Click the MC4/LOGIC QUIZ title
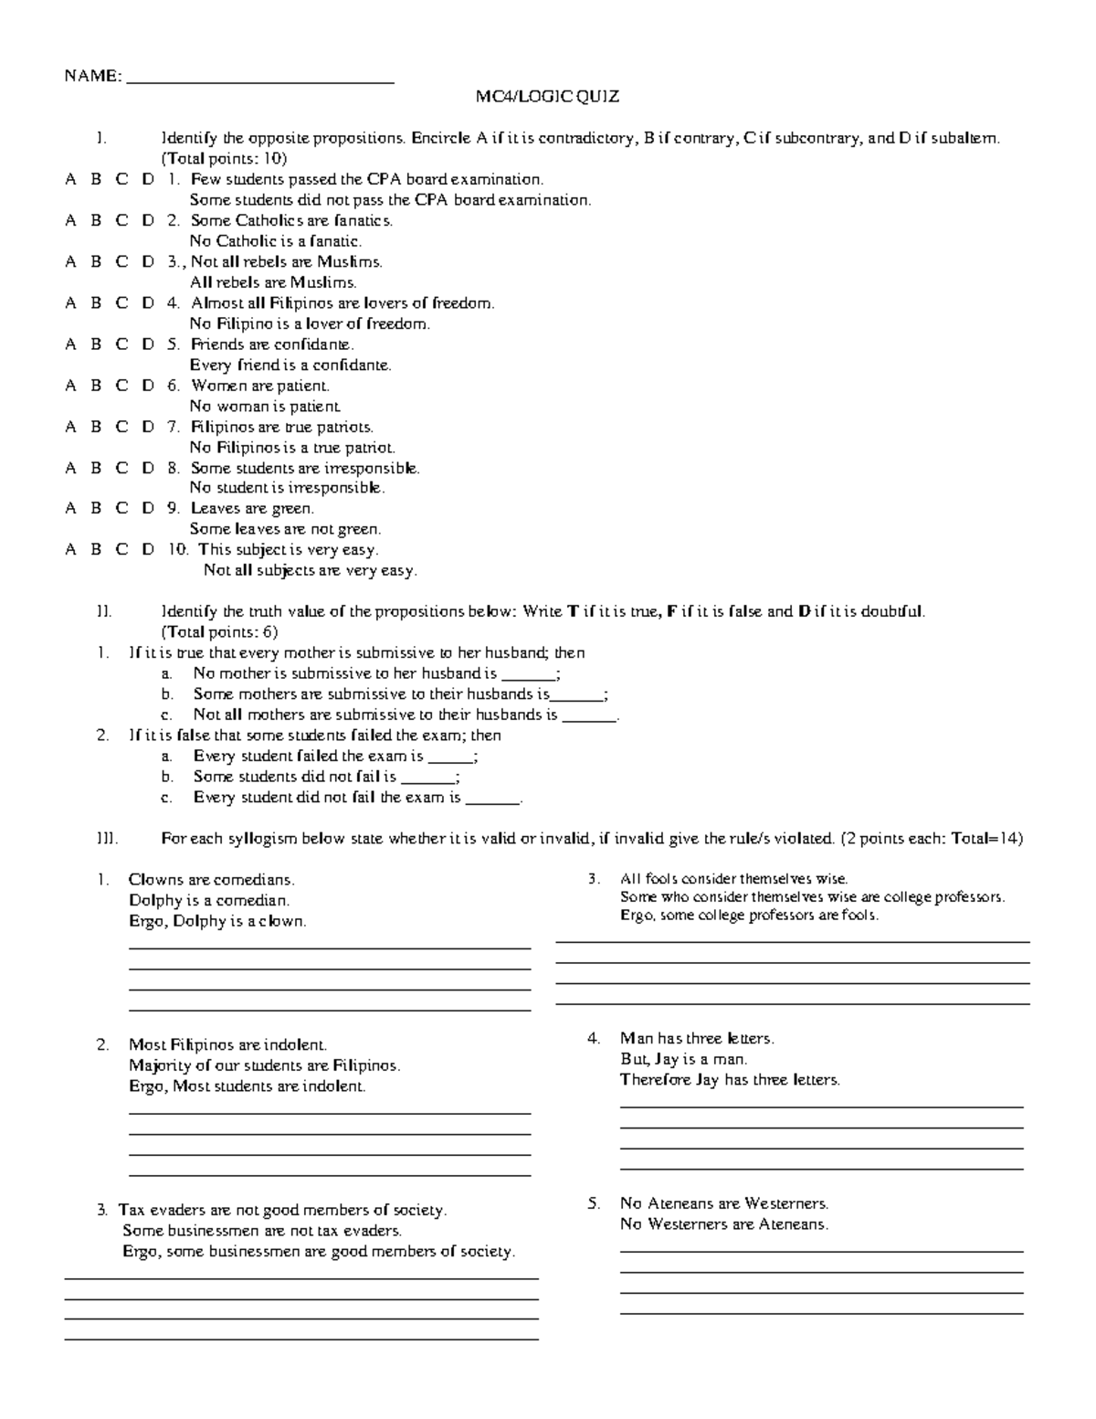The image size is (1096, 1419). (x=547, y=97)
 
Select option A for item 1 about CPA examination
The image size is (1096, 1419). (x=70, y=180)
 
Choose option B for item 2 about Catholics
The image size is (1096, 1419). (x=96, y=221)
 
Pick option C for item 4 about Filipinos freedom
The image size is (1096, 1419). (x=121, y=303)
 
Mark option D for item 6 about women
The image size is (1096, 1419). (x=148, y=386)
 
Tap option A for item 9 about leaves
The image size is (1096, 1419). (x=70, y=509)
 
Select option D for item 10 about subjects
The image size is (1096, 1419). (x=148, y=550)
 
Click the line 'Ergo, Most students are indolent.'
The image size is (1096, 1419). (x=247, y=1086)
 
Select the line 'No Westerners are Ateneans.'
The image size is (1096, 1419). (x=724, y=1224)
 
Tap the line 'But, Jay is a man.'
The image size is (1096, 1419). (x=683, y=1059)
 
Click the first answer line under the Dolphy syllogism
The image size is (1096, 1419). (x=330, y=948)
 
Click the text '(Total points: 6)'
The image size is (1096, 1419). (x=219, y=632)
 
